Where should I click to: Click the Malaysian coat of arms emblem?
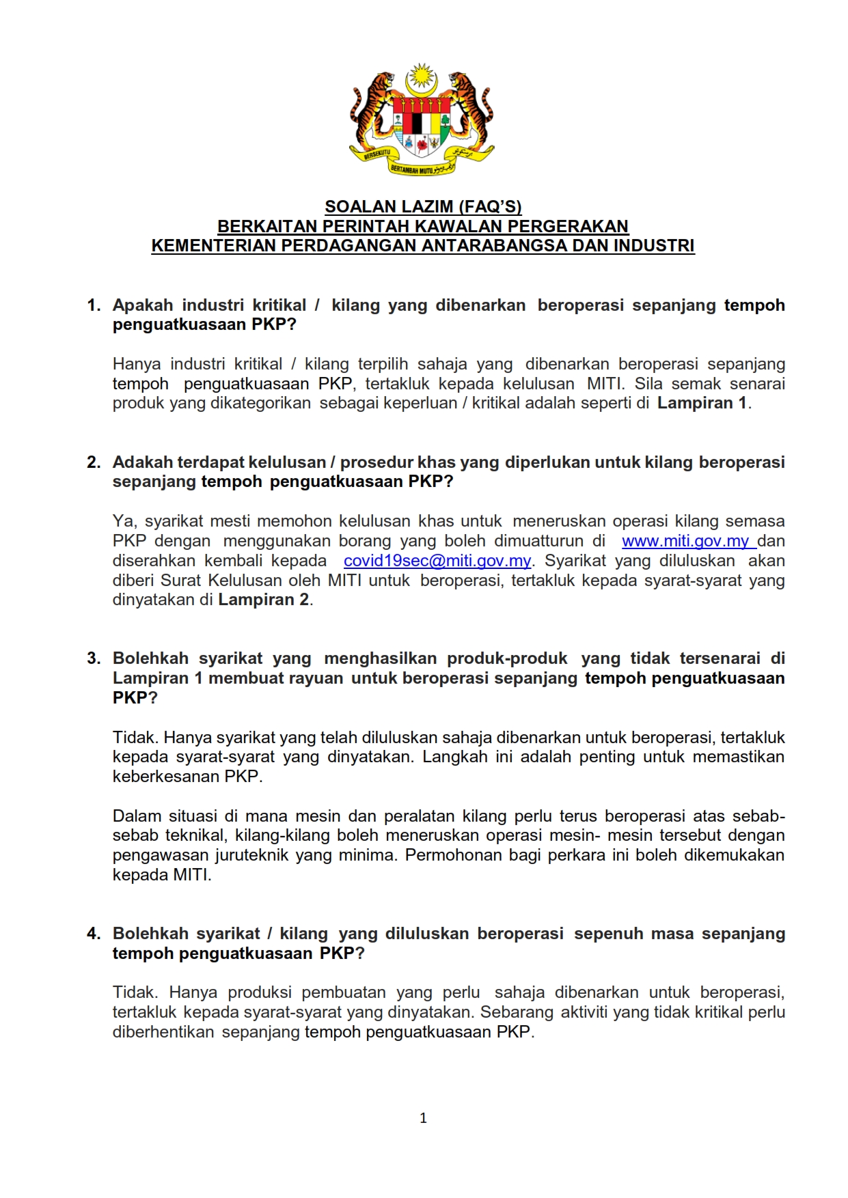422,120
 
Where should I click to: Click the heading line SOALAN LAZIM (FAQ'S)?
423,206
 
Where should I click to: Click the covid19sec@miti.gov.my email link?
437,561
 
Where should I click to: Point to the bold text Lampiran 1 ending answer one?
702,403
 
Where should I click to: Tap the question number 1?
94,305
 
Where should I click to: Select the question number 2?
94,462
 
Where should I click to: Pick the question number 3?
94,658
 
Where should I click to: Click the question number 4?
94,934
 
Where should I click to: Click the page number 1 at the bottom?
423,1118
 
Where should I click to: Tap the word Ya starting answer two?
124,522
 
